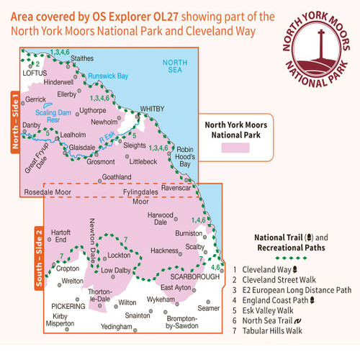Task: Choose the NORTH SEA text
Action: coord(175,67)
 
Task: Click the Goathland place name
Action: coord(117,176)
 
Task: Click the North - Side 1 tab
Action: coord(14,122)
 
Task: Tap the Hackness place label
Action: coord(163,250)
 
